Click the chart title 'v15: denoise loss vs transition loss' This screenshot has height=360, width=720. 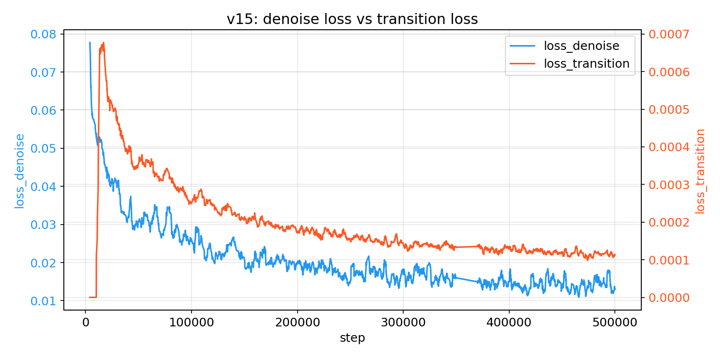point(352,19)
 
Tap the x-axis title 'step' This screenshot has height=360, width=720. point(352,338)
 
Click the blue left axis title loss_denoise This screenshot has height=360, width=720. point(19,171)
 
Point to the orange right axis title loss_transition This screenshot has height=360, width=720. point(700,171)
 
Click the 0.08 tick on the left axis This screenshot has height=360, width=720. point(43,34)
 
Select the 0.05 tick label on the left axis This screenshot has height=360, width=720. point(43,148)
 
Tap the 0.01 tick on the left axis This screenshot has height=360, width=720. point(43,301)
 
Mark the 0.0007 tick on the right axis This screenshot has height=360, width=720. point(669,34)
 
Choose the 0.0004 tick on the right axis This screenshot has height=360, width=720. point(669,147)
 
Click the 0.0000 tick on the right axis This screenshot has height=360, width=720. point(669,298)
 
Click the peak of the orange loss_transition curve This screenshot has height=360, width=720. point(103,43)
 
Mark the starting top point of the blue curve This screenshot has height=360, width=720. point(90,42)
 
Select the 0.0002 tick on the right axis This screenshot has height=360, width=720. point(669,222)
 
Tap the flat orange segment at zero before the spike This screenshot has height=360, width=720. point(93,297)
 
